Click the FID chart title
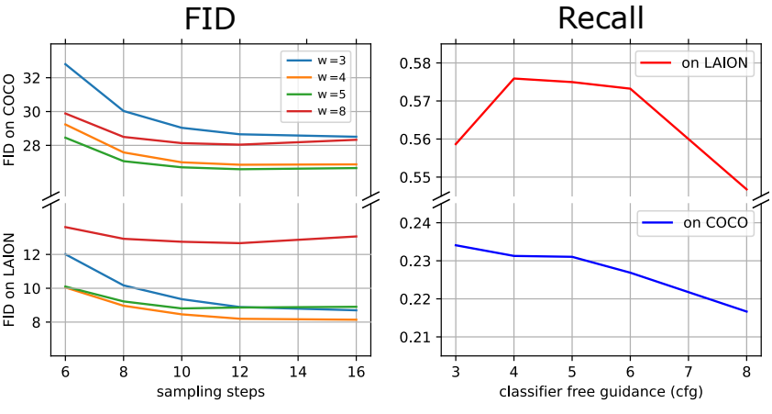(x=210, y=18)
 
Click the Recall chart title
(x=601, y=18)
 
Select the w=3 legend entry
(x=316, y=61)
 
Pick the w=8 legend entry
(x=316, y=111)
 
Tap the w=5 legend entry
(x=316, y=95)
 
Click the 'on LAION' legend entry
(x=695, y=63)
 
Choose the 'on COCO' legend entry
(x=695, y=222)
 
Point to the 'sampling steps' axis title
(x=211, y=392)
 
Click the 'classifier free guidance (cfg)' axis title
(x=601, y=392)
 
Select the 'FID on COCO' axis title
(x=9, y=119)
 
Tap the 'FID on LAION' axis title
(x=9, y=279)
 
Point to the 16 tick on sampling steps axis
(x=356, y=371)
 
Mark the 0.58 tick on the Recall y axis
(x=416, y=63)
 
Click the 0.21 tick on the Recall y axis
(x=416, y=338)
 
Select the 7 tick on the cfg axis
(x=689, y=371)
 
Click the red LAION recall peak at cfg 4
(x=513, y=78)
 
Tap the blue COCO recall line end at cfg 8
(x=747, y=311)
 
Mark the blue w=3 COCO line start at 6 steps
(x=65, y=64)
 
